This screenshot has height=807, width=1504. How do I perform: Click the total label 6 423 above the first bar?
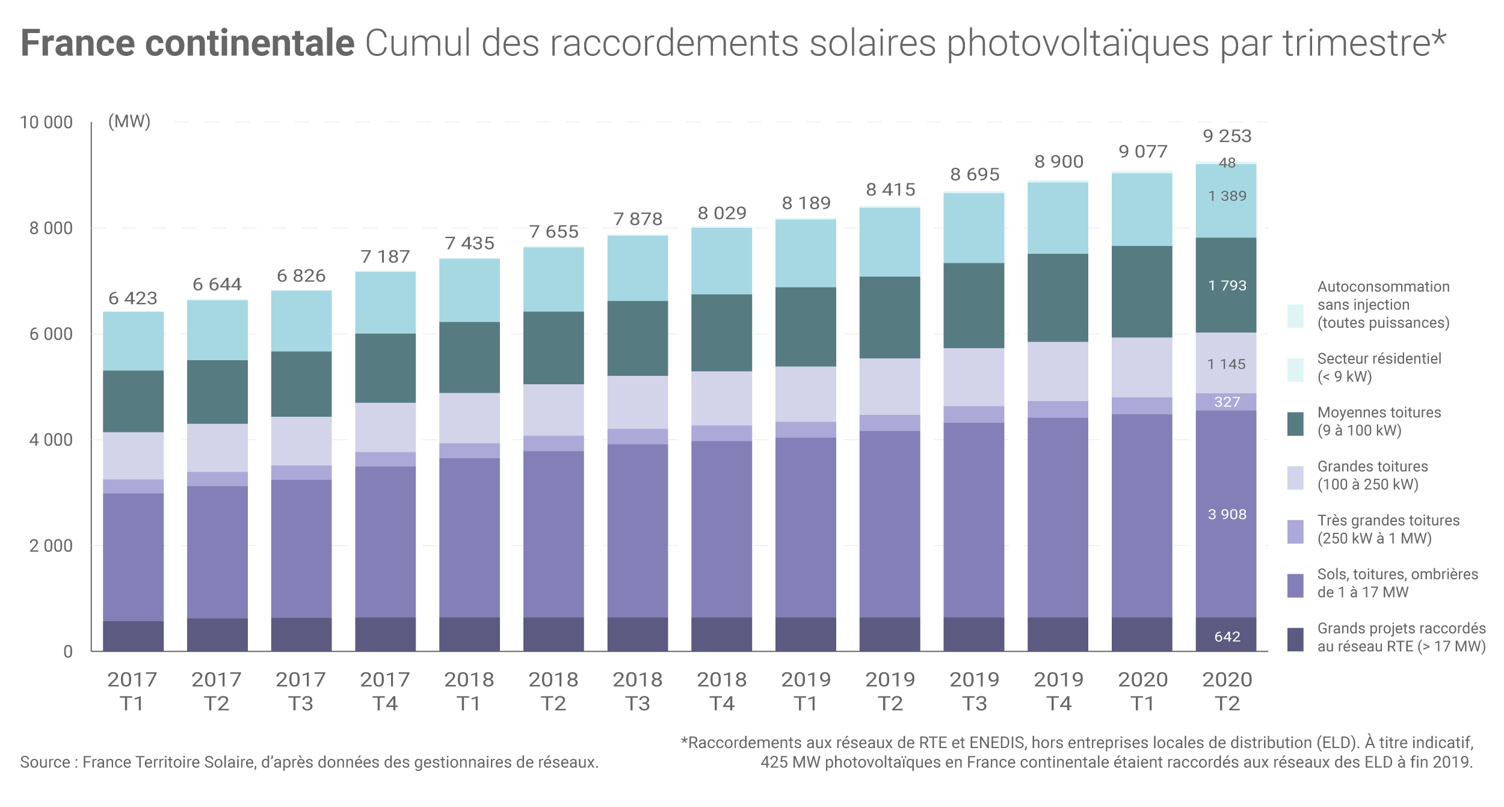pos(132,298)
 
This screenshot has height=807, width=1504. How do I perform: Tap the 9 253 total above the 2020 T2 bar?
pos(1227,136)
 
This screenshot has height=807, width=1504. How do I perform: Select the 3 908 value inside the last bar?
pos(1227,514)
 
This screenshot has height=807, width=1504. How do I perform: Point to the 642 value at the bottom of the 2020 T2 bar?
pos(1227,636)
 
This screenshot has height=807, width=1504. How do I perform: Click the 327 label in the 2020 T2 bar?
pos(1227,402)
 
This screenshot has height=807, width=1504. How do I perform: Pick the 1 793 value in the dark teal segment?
pos(1227,286)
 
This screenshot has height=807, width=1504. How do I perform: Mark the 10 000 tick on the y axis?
pos(46,123)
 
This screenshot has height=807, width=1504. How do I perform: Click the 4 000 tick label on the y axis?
pos(51,440)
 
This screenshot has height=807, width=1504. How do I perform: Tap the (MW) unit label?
pos(129,121)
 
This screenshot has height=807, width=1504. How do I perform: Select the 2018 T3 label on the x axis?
pos(637,691)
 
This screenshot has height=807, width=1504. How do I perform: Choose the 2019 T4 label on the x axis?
pos(1058,691)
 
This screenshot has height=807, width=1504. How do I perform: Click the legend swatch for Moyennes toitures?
pos(1295,423)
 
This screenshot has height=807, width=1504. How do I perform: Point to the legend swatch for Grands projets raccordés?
pos(1295,639)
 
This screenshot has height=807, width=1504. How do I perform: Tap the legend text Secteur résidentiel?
pos(1379,359)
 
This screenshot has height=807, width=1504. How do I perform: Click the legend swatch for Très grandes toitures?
pos(1295,532)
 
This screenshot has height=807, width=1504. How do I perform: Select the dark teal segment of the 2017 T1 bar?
pos(133,401)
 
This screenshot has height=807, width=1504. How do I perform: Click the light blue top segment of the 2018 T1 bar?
pos(469,290)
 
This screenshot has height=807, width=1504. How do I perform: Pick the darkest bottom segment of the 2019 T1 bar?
pos(806,634)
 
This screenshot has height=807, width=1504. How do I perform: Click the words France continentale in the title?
pos(187,43)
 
